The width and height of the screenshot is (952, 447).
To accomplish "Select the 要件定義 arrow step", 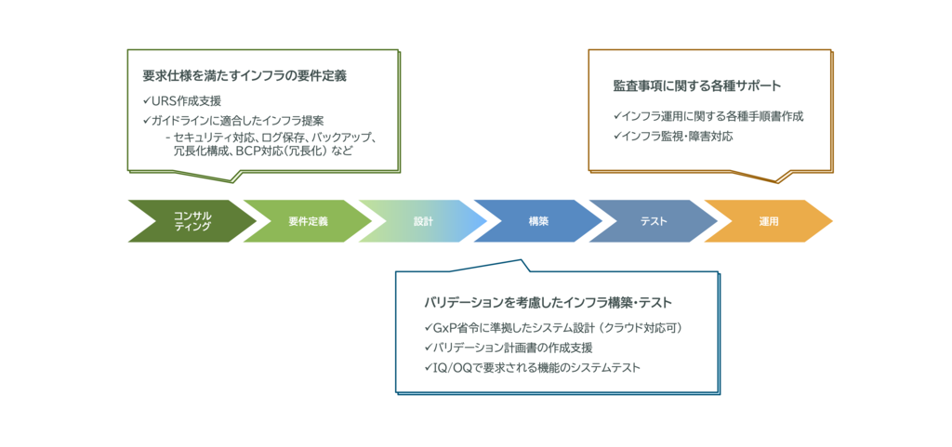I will (x=308, y=221).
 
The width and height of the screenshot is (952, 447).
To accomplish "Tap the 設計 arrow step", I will (x=423, y=221).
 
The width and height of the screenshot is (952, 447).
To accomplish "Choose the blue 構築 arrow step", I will (x=538, y=221).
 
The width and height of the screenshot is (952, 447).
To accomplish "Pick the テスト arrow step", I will (x=654, y=221).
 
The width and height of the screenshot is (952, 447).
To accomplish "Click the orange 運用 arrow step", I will (x=768, y=221).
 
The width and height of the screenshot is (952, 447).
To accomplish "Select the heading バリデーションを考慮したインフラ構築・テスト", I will (x=548, y=303).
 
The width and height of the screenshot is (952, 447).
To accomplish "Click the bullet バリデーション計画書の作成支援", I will (x=512, y=348).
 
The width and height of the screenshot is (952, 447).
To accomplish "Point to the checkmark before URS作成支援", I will (x=146, y=100).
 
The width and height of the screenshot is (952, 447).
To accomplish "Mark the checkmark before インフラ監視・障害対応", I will (x=617, y=137).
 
